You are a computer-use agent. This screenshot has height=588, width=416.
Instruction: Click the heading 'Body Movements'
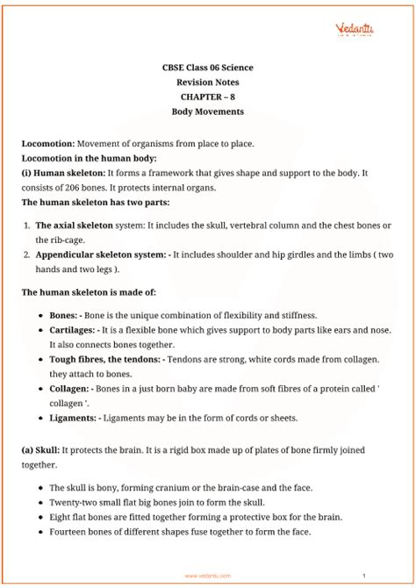click(x=208, y=112)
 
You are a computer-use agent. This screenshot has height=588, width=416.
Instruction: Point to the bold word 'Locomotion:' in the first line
click(x=48, y=142)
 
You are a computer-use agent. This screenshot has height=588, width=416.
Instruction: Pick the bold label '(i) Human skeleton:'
click(x=59, y=172)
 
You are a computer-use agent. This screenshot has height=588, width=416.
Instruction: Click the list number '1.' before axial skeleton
click(x=28, y=225)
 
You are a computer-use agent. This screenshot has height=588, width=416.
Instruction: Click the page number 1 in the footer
click(x=387, y=576)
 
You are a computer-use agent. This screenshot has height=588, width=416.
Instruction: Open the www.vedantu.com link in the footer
click(x=208, y=576)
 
